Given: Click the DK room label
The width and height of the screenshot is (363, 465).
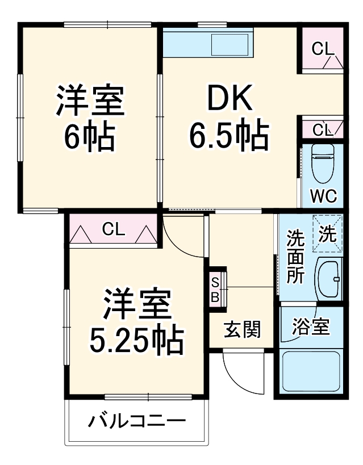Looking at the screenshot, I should [x=229, y=100].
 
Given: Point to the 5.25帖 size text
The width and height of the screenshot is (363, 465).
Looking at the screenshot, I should [x=136, y=339].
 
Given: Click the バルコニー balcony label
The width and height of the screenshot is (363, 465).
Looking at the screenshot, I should [x=137, y=422].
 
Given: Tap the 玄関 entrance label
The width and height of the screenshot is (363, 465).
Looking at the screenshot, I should [x=242, y=329].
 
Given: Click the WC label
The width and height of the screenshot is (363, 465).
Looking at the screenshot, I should [x=323, y=196].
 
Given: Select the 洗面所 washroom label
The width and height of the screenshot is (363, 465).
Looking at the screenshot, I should [x=295, y=256].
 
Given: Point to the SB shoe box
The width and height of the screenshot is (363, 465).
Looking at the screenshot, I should [x=216, y=288].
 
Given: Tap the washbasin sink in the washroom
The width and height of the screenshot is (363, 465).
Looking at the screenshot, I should [x=328, y=279].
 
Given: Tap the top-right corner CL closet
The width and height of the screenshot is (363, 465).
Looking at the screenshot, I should [x=323, y=49].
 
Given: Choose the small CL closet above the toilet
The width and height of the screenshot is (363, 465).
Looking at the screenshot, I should [x=322, y=129].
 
